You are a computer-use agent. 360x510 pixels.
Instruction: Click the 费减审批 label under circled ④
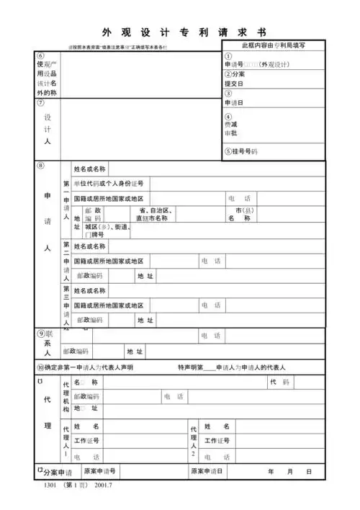click(x=231, y=128)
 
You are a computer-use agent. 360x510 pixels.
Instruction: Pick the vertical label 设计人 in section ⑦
click(x=48, y=130)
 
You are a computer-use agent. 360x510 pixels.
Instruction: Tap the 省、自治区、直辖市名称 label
click(x=151, y=214)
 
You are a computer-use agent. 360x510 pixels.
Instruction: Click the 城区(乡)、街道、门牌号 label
click(x=107, y=230)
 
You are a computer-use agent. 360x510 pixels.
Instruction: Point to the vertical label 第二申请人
click(x=66, y=261)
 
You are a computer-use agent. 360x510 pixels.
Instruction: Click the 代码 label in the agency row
click(x=281, y=382)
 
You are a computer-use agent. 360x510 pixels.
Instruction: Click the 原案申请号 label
click(x=100, y=472)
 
